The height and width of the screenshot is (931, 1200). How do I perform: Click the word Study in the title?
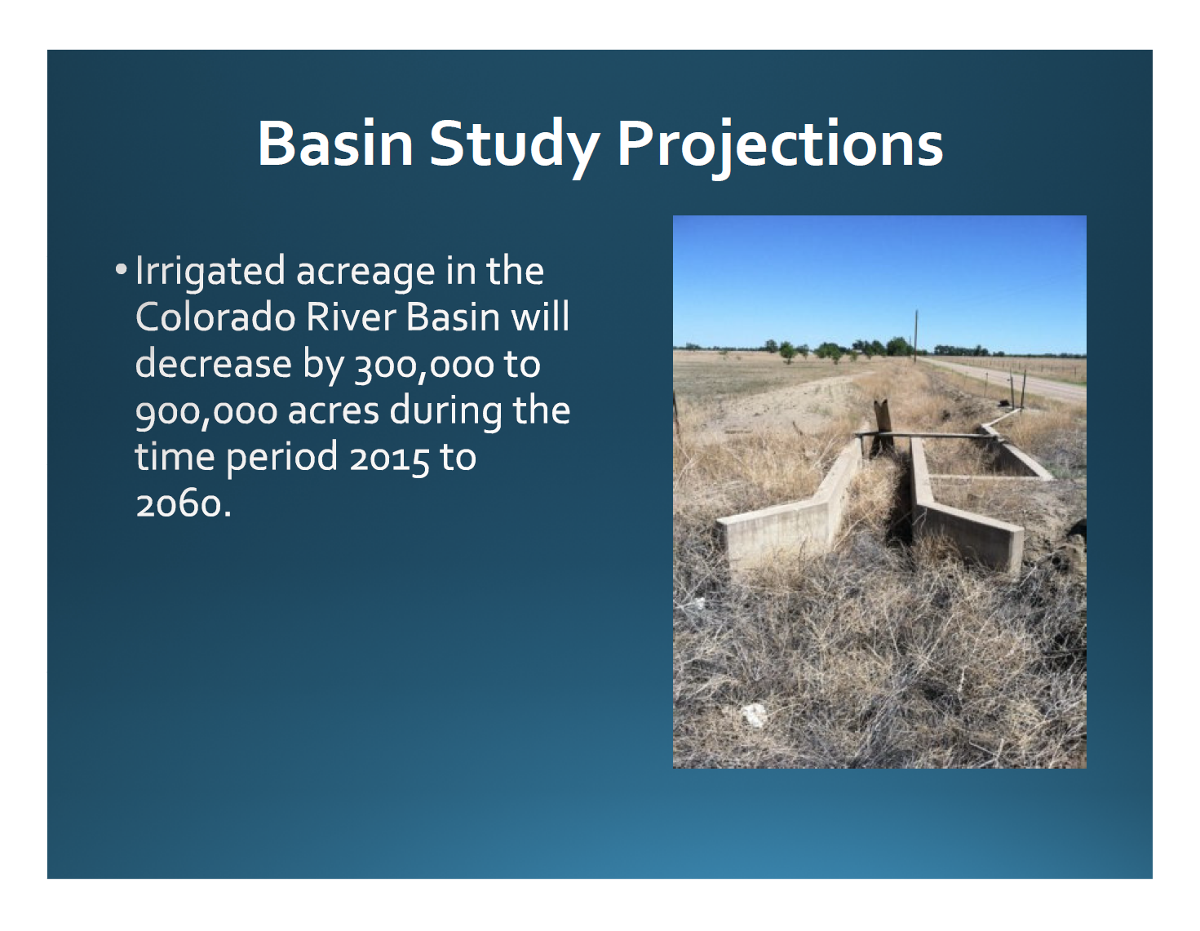click(514, 146)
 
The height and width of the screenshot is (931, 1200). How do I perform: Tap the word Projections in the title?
click(780, 146)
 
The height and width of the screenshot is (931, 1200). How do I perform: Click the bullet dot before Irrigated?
click(121, 269)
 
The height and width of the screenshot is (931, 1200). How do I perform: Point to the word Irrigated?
click(210, 273)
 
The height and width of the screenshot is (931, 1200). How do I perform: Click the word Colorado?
click(215, 317)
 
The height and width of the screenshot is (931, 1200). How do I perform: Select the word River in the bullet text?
click(351, 317)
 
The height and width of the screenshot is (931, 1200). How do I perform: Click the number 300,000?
click(424, 366)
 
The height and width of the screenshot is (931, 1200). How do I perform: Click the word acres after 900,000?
click(334, 413)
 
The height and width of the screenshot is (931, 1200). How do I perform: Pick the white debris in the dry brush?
click(754, 715)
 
